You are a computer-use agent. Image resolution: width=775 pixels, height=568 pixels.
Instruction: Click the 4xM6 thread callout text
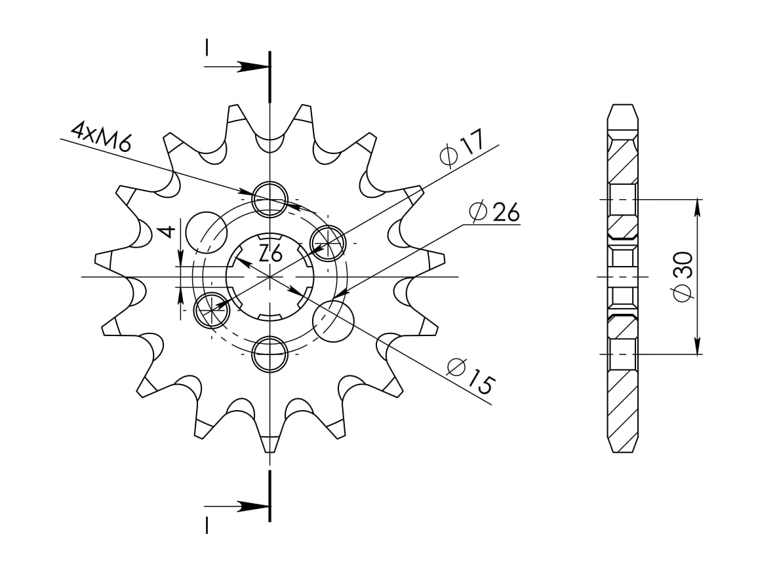(x=102, y=137)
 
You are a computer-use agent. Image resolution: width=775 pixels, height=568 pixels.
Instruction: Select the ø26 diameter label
(x=495, y=212)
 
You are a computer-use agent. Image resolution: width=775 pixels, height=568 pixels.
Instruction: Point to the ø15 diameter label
(x=471, y=376)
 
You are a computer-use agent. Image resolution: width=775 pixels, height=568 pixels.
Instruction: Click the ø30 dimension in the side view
(x=683, y=276)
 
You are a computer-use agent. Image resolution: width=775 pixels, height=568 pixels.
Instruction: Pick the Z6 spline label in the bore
(x=270, y=254)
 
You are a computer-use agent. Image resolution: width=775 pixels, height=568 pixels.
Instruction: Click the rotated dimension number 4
(x=169, y=231)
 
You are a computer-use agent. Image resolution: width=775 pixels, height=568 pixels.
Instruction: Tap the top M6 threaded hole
(x=269, y=200)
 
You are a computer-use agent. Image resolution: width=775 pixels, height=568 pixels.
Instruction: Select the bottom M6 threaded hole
(x=269, y=354)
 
